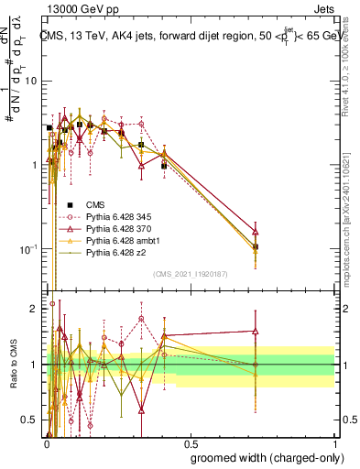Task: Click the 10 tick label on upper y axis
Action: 29,81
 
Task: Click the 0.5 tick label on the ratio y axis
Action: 27,420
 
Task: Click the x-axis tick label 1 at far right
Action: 333,443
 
